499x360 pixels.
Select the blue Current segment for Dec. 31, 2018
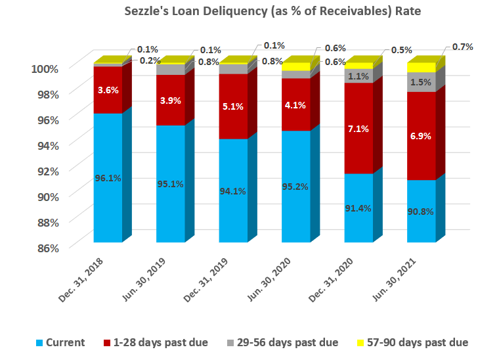(x=108, y=177)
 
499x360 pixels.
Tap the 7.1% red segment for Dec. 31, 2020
(x=358, y=128)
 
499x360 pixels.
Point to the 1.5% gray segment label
(x=421, y=82)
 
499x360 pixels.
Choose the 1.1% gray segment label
(x=358, y=76)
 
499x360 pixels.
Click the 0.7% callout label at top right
(x=462, y=47)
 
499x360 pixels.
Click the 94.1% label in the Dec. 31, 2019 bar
(x=233, y=191)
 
